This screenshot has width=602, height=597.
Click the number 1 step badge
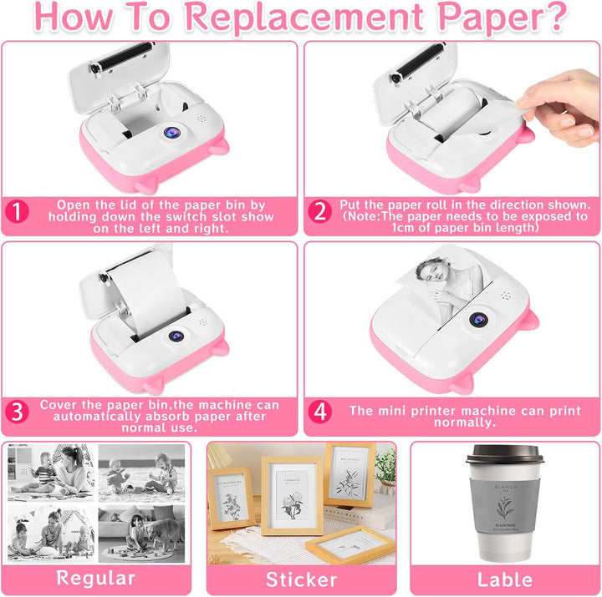17,211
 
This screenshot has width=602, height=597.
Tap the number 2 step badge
319,211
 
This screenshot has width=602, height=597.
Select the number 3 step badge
17,412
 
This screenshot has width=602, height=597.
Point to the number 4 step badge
319,412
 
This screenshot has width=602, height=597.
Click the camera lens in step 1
171,133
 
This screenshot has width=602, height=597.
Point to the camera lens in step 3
176,336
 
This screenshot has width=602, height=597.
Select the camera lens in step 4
478,319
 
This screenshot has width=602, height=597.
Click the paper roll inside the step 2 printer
453,112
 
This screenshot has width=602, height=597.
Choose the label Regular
95,579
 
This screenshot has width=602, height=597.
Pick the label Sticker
301,579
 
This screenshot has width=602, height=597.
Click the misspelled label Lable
505,579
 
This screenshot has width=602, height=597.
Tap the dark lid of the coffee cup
504,455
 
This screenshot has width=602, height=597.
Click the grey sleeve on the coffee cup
504,506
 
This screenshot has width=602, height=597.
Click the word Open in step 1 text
73,205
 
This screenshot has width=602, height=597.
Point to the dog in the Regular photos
164,533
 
